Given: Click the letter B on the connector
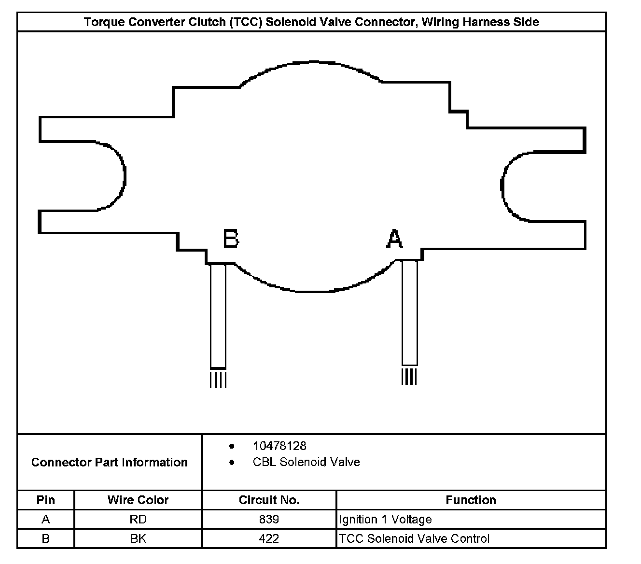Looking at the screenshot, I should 231,239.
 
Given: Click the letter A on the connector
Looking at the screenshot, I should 394,239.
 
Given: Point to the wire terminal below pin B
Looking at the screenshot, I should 218,317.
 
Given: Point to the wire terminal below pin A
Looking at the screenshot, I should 410,313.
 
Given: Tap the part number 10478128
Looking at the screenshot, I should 279,446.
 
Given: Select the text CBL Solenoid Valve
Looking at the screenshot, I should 306,462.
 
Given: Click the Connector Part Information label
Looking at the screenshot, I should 109,462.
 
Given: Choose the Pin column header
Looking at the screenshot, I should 46,500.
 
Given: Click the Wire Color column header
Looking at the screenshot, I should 138,500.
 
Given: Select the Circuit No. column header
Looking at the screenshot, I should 269,500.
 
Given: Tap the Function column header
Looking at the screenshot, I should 471,500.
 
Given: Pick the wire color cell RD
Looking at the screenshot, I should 138,520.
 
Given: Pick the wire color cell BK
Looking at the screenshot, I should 138,538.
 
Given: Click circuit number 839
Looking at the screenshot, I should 269,520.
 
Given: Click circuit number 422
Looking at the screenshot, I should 269,538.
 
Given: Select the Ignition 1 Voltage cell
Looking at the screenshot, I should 386,520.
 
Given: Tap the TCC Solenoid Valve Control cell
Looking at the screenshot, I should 414,538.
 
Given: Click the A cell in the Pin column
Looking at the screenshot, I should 46,520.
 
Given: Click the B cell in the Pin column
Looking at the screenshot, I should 46,538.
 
